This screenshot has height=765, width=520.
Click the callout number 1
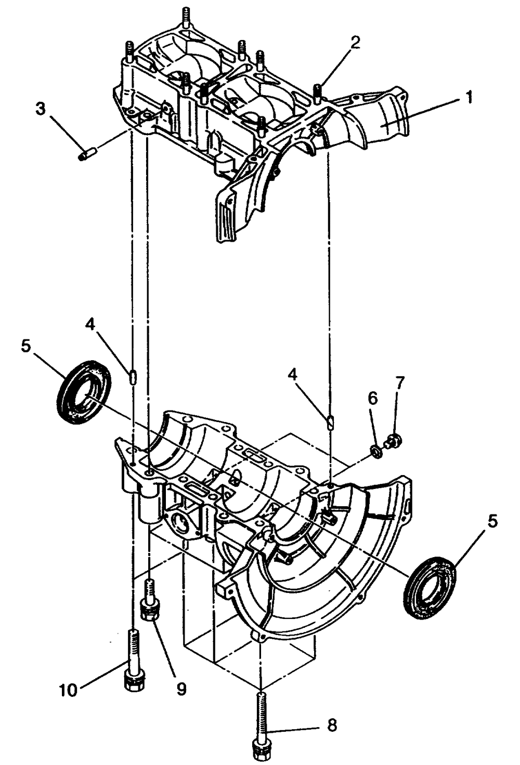469,97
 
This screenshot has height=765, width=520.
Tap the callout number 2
355,43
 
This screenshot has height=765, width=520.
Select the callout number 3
41,109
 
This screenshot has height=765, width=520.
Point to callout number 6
373,399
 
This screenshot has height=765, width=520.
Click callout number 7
399,383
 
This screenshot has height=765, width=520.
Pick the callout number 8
332,724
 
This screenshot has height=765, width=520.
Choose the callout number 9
181,689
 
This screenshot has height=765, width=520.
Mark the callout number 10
68,690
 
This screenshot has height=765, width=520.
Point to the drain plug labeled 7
393,441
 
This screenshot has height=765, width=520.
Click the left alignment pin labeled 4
133,376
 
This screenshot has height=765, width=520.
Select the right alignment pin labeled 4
330,421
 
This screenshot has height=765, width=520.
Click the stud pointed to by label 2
318,92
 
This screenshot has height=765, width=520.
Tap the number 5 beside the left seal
26,346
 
